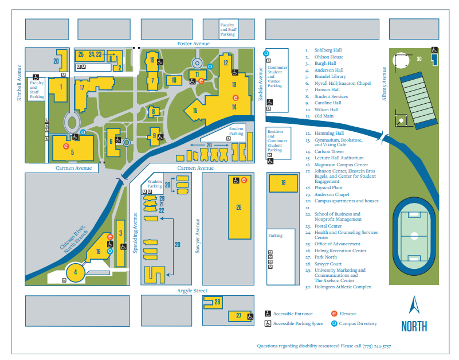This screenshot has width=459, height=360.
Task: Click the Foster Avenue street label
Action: point(193,44)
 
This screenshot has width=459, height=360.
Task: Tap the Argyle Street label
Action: point(192,291)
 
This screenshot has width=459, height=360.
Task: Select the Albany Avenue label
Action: point(385,83)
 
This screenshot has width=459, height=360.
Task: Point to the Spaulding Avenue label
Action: point(136,232)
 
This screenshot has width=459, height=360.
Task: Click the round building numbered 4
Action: point(75,272)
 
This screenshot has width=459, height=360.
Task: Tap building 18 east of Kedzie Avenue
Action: point(283,183)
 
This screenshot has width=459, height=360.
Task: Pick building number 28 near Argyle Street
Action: point(217,302)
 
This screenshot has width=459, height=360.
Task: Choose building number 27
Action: point(238,316)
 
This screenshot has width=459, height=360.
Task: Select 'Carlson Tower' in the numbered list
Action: point(329,152)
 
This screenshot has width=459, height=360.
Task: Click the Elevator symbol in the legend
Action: point(335,314)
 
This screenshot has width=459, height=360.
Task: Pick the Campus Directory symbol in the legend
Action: point(335,323)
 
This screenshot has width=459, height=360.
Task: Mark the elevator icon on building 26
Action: point(244,180)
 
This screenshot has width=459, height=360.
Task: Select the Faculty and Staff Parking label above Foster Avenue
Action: point(227,30)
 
